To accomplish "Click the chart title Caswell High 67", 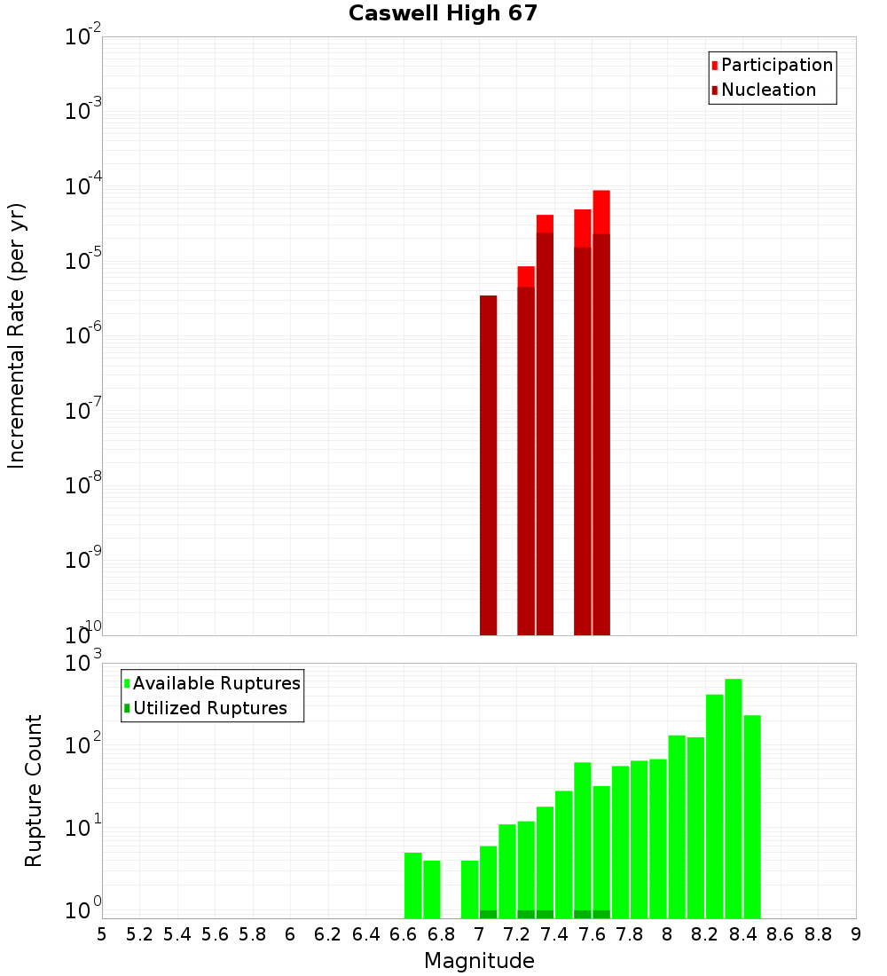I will click(x=443, y=14).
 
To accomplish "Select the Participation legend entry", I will click(x=776, y=65).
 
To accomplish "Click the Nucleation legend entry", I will click(x=767, y=90).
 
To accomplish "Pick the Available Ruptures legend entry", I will click(x=216, y=683).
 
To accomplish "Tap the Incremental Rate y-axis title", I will click(x=17, y=335).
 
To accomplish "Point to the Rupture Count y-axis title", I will click(x=34, y=790).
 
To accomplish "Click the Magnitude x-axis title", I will click(x=479, y=961).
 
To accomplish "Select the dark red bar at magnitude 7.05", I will click(x=488, y=465).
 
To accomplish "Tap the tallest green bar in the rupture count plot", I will click(x=734, y=799).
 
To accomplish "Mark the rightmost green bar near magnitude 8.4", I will click(x=752, y=816).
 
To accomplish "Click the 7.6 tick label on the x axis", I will click(x=593, y=934).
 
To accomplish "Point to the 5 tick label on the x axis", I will click(x=102, y=934).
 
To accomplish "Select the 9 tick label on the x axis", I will click(x=856, y=934).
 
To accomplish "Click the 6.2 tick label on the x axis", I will click(x=328, y=934).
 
